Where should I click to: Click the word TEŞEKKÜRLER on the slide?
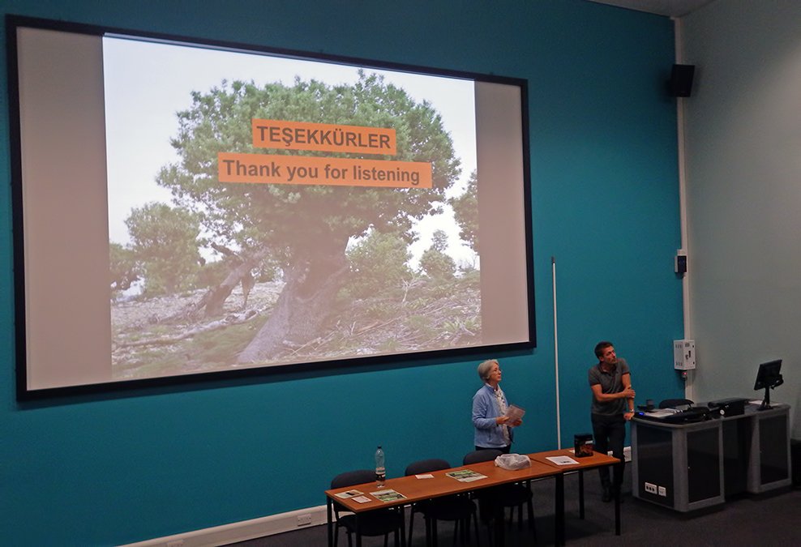pos(323,137)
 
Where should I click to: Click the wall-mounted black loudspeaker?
pos(682,80)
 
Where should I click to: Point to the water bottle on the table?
pos(380,466)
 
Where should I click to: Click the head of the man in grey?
pos(604,353)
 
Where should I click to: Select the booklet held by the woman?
pos(515,414)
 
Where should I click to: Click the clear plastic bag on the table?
pos(512,462)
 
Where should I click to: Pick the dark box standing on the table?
pos(584,445)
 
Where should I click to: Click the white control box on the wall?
pos(684,354)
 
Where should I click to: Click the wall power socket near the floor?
pos(303,520)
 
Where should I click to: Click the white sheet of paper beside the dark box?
pos(562,460)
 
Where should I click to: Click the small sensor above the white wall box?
pos(680,263)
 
